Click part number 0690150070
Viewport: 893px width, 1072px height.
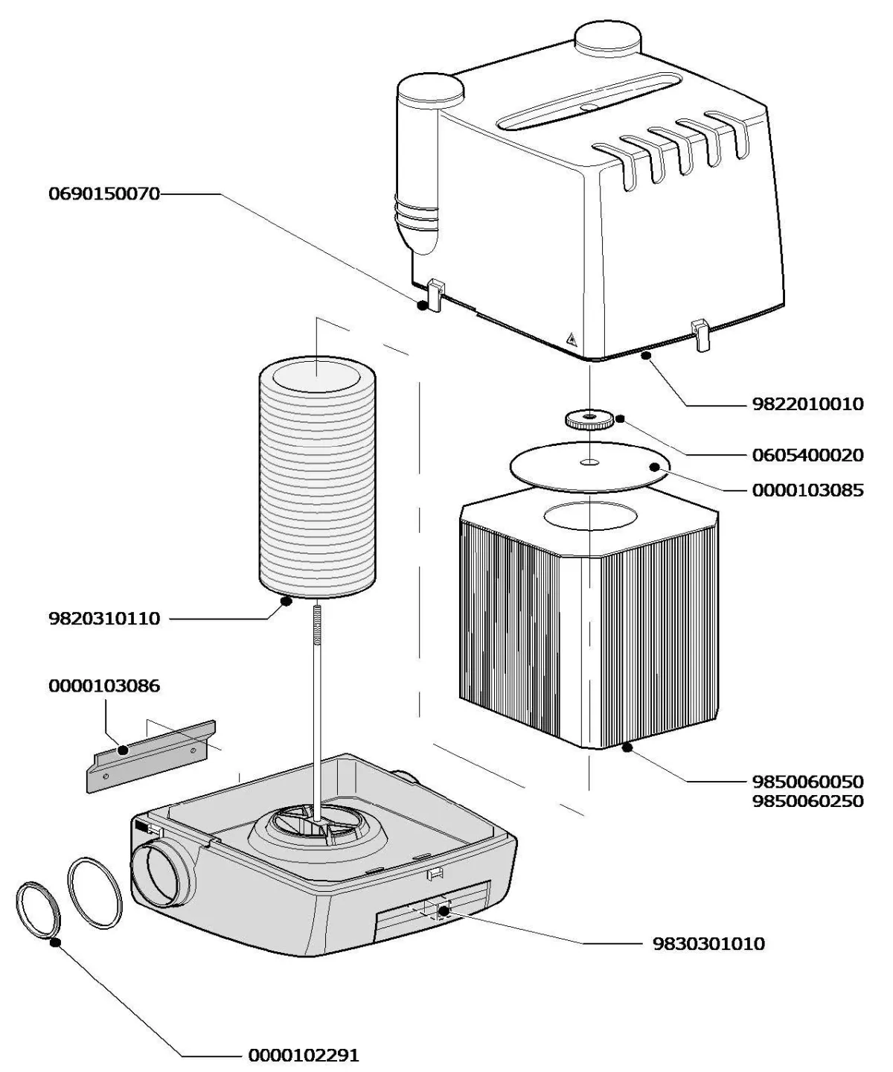[x=104, y=194]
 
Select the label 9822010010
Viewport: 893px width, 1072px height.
[x=808, y=404]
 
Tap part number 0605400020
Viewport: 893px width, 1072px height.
[x=808, y=455]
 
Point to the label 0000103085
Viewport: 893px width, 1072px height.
[x=808, y=491]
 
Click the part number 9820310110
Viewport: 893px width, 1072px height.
[x=104, y=619]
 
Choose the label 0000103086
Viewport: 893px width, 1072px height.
[x=104, y=686]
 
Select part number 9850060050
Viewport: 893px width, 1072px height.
[x=808, y=782]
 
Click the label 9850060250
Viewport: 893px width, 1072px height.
[x=808, y=801]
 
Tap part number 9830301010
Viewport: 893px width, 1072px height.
[x=708, y=944]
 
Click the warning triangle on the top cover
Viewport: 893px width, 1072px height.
[x=572, y=339]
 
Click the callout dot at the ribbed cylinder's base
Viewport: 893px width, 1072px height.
[x=285, y=601]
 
